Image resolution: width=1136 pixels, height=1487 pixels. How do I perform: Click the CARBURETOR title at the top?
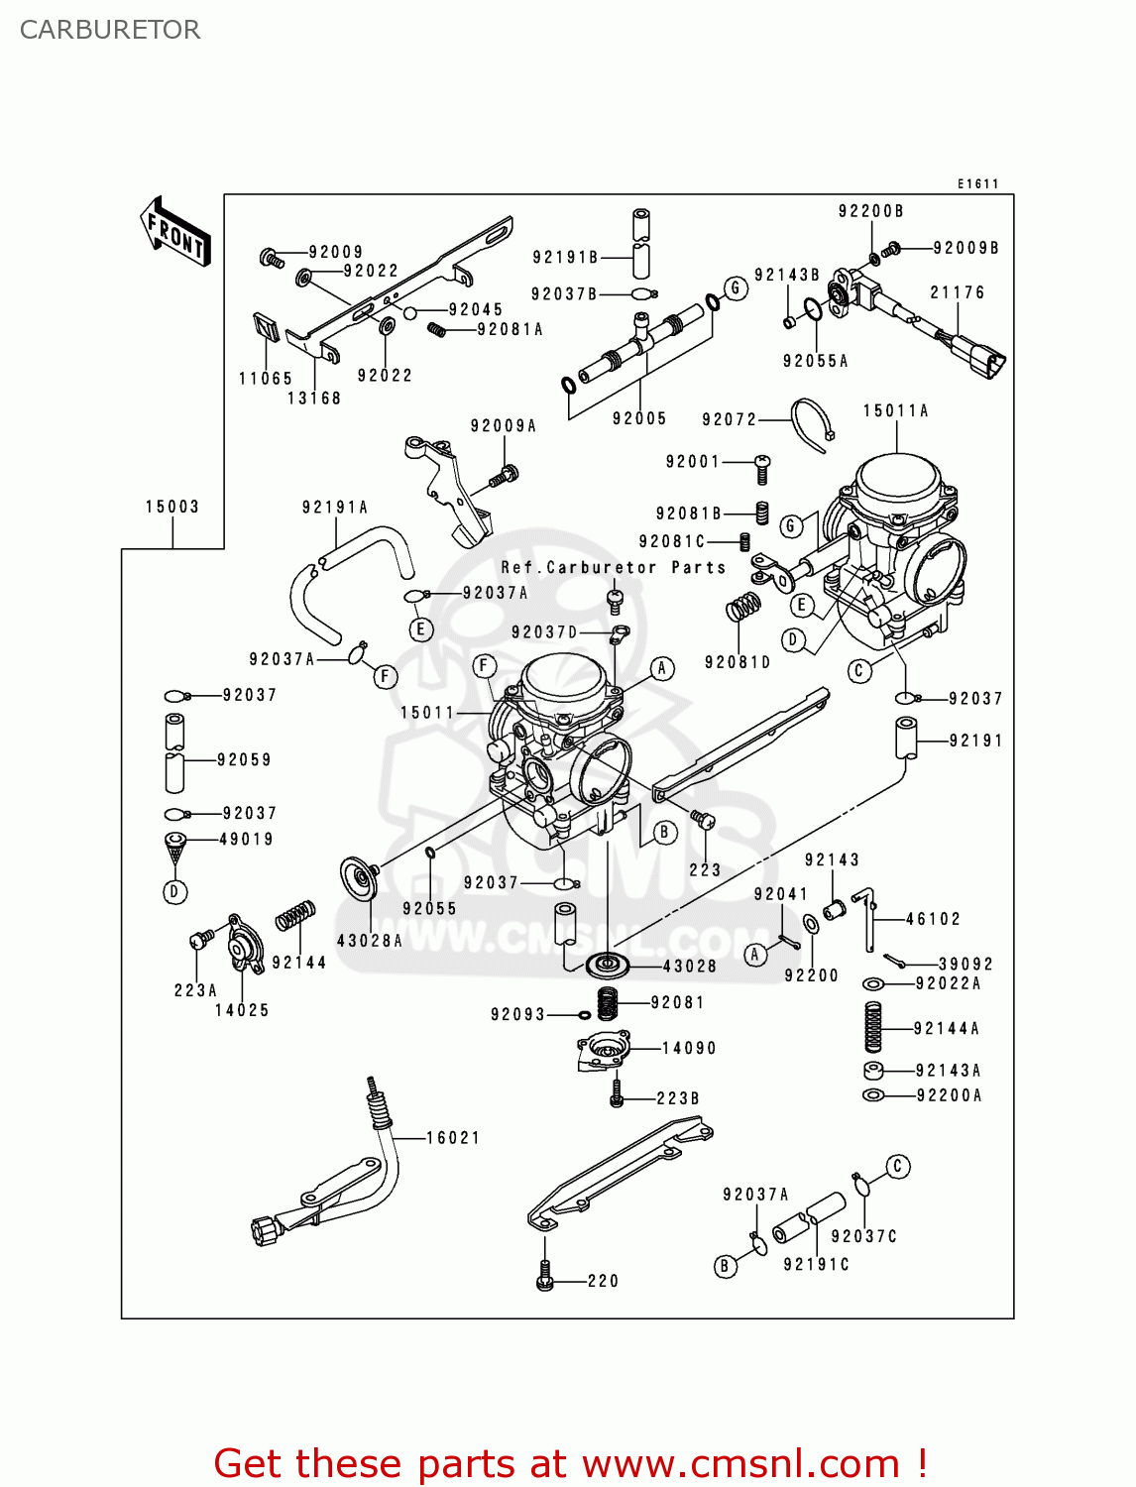[110, 30]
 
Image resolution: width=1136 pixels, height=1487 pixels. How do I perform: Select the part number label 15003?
[172, 507]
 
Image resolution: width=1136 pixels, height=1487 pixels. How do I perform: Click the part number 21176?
[957, 292]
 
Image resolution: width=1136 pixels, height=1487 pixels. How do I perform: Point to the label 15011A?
[895, 410]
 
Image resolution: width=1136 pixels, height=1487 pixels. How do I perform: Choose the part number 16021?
[453, 1138]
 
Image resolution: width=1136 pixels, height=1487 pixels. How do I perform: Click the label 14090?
[689, 1048]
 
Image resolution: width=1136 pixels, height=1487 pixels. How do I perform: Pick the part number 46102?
[933, 919]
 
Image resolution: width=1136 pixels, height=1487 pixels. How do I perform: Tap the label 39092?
[966, 964]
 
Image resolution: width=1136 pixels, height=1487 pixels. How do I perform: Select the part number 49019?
[246, 839]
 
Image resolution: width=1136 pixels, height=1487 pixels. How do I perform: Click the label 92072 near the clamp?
[729, 419]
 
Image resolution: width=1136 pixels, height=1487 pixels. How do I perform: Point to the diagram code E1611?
[977, 183]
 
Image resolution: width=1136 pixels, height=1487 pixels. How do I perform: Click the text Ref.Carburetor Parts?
[613, 567]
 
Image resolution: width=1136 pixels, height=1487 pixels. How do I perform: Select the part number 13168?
[313, 398]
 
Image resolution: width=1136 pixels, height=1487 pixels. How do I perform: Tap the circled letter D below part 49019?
[174, 892]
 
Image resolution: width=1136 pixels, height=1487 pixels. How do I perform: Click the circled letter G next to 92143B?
[735, 288]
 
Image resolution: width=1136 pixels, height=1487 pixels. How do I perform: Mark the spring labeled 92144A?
[872, 1027]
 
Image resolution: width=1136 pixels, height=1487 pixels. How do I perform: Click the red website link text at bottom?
[570, 1463]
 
